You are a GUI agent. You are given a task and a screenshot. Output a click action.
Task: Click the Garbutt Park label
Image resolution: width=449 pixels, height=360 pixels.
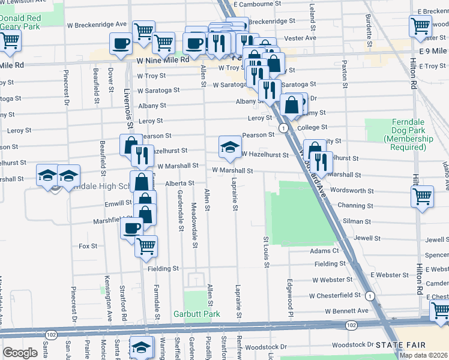196,314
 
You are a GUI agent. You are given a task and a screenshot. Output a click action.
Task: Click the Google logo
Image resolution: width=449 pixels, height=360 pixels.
20,353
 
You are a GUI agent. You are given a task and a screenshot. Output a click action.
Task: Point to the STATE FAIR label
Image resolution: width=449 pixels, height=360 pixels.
400,345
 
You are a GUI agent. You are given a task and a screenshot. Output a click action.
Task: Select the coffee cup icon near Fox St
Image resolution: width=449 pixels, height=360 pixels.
131,227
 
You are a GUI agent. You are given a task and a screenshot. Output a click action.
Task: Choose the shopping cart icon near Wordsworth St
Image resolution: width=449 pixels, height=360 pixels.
422,195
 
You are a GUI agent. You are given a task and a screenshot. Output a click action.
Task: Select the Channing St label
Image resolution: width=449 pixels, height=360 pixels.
355,205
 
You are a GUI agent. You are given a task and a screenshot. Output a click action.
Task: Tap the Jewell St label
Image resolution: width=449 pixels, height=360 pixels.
367,238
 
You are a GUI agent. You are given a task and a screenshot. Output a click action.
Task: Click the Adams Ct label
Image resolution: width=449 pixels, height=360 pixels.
325,250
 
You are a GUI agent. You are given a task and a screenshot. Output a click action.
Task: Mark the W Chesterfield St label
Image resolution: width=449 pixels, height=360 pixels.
335,296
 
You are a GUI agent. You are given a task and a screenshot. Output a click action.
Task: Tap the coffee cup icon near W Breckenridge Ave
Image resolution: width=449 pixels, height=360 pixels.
121,43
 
